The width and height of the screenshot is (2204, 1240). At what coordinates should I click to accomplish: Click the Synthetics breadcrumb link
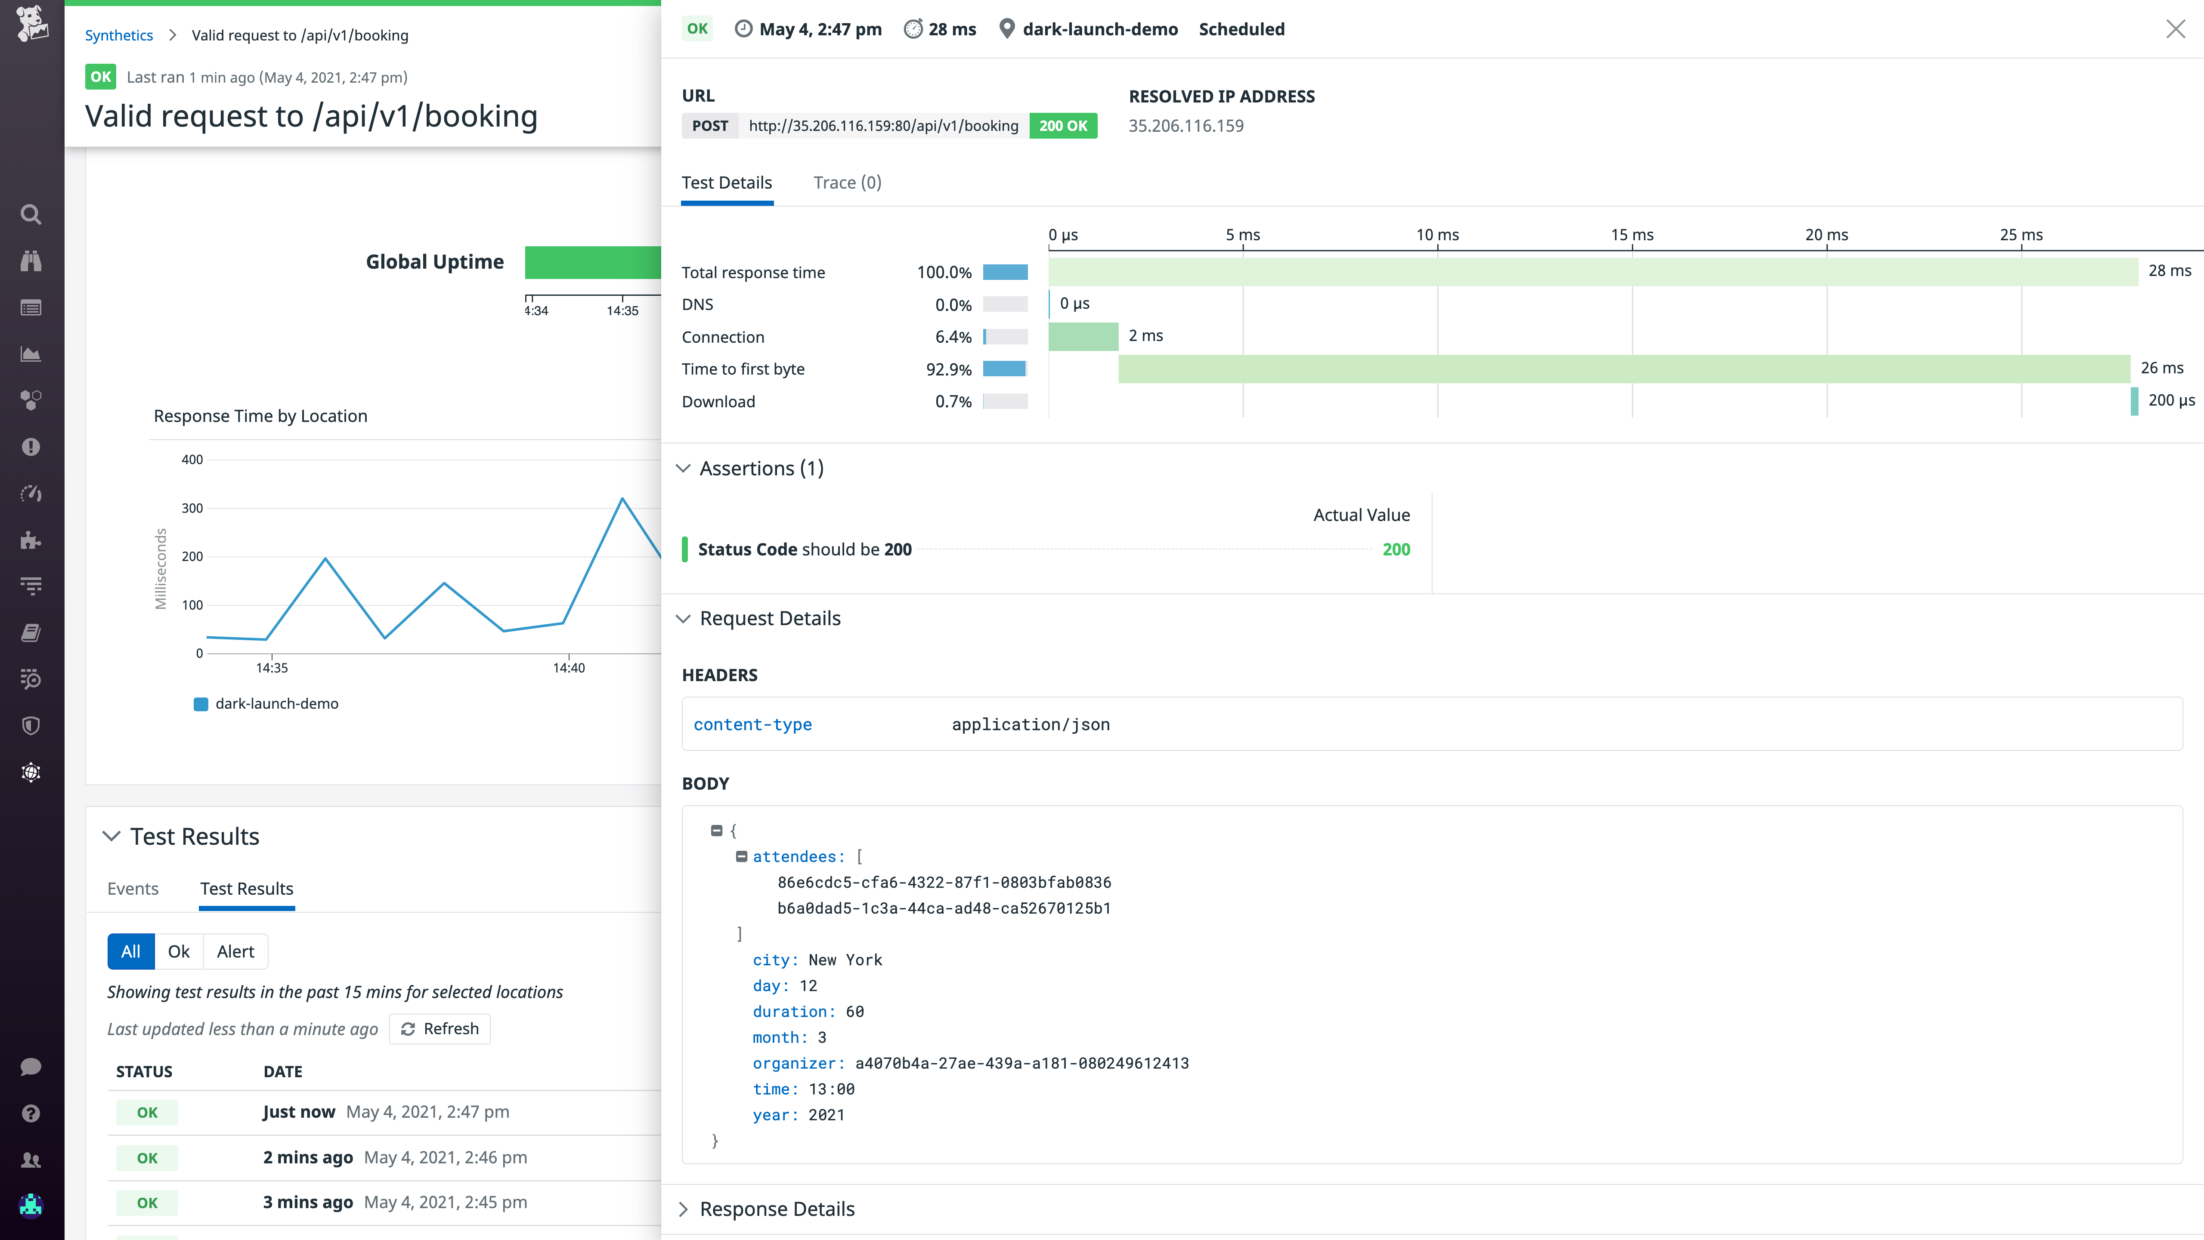pyautogui.click(x=119, y=35)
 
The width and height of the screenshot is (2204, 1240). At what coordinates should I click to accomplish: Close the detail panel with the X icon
pyautogui.click(x=2175, y=29)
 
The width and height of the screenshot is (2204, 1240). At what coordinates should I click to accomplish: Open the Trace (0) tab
pyautogui.click(x=847, y=182)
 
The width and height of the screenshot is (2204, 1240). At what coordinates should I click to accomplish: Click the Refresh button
pyautogui.click(x=440, y=1029)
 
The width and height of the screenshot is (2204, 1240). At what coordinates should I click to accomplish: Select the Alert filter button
pyautogui.click(x=235, y=952)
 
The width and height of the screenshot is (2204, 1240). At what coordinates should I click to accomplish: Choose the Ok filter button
pyautogui.click(x=179, y=952)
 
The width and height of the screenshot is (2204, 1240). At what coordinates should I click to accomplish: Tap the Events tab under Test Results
pyautogui.click(x=133, y=888)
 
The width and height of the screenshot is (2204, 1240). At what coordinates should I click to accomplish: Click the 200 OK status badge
pyautogui.click(x=1063, y=126)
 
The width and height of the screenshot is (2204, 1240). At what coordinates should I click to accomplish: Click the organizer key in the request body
pyautogui.click(x=797, y=1063)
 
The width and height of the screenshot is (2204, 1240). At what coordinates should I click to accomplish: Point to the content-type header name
pyautogui.click(x=752, y=725)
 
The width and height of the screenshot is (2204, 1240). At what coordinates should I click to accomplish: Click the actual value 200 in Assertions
pyautogui.click(x=1396, y=549)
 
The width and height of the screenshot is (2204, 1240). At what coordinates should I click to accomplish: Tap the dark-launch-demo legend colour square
pyautogui.click(x=201, y=704)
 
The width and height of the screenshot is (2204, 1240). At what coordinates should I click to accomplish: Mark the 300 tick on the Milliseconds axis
pyautogui.click(x=192, y=508)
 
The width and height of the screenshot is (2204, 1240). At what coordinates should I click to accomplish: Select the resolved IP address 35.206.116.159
pyautogui.click(x=1186, y=126)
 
